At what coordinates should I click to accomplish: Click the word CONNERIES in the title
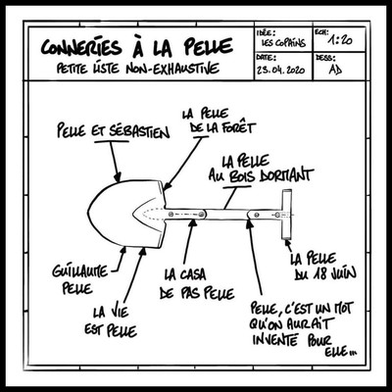point(81,48)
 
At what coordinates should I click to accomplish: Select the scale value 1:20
point(340,40)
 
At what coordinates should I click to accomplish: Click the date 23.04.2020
point(281,70)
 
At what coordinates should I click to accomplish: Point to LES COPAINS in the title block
point(283,43)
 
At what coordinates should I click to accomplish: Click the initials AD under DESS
point(335,70)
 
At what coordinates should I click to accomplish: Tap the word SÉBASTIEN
point(138,131)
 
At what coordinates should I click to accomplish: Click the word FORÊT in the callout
point(239,127)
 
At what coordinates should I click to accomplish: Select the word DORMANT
point(286,174)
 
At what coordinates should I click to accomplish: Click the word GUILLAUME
point(80,271)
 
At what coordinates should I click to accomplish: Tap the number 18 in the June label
point(318,273)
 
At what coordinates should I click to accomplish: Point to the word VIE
point(117,312)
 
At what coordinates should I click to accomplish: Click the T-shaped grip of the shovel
point(287,215)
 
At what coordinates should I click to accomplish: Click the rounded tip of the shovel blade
point(89,213)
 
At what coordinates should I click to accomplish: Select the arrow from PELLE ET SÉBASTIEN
point(115,162)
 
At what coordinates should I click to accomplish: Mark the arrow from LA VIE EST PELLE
point(134,275)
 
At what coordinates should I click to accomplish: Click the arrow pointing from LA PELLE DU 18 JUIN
point(289,247)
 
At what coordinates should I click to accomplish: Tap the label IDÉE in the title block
point(265,32)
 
